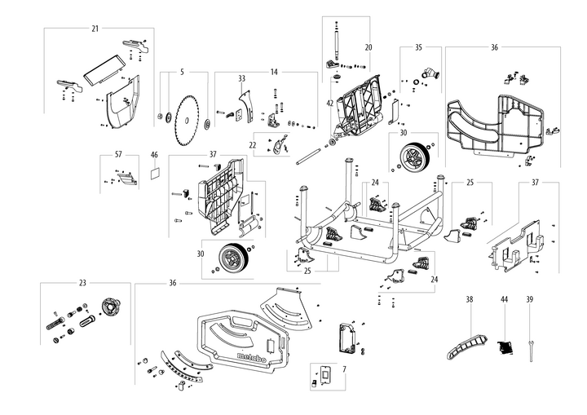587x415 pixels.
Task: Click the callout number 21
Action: [x=95, y=29]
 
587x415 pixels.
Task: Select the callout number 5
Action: [x=183, y=72]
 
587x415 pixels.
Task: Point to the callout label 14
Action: [x=274, y=72]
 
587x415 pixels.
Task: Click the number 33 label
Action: [x=242, y=78]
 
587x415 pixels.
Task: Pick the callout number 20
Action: [x=368, y=47]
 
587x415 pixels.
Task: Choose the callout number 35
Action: [x=419, y=48]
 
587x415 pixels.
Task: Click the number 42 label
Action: [x=330, y=104]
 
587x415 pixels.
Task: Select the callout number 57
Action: [x=118, y=153]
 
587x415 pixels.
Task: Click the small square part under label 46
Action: [x=155, y=174]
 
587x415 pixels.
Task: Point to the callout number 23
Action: [x=82, y=283]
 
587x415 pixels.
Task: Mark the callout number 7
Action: [x=343, y=370]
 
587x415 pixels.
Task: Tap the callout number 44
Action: [x=504, y=300]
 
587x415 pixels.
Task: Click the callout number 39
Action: [x=530, y=300]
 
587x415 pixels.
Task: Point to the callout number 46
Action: [x=154, y=154]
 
